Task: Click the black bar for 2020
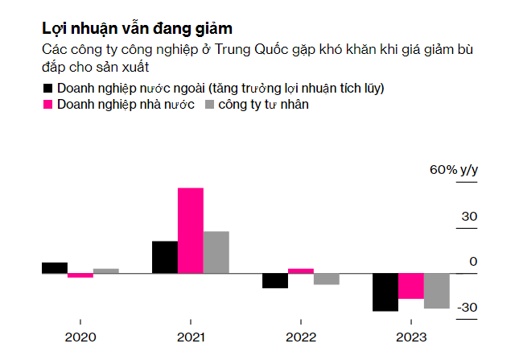pyautogui.click(x=55, y=268)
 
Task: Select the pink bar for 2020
pyautogui.click(x=80, y=275)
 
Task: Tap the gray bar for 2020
pyautogui.click(x=106, y=271)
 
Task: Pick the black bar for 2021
pyautogui.click(x=165, y=258)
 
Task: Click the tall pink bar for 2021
pyautogui.click(x=191, y=231)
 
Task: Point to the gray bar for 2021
pyautogui.click(x=216, y=253)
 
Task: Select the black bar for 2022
pyautogui.click(x=275, y=281)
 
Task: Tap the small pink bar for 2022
pyautogui.click(x=301, y=271)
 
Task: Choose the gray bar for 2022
pyautogui.click(x=327, y=279)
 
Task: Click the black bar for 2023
pyautogui.click(x=385, y=292)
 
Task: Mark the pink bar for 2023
pyautogui.click(x=411, y=287)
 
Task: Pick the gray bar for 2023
pyautogui.click(x=437, y=292)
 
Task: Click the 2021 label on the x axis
pyautogui.click(x=191, y=337)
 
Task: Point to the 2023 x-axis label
pyautogui.click(x=411, y=337)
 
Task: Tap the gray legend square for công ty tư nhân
pyautogui.click(x=212, y=104)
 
